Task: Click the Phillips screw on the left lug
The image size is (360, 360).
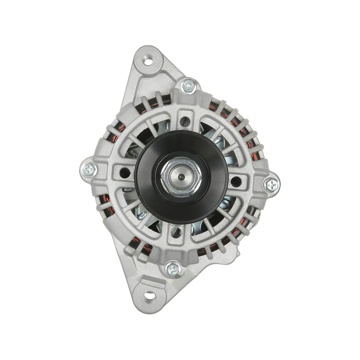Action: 89,170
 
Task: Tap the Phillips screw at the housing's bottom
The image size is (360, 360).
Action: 172,269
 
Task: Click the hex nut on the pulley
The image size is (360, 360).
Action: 180,176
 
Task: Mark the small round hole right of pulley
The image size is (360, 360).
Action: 237,182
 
